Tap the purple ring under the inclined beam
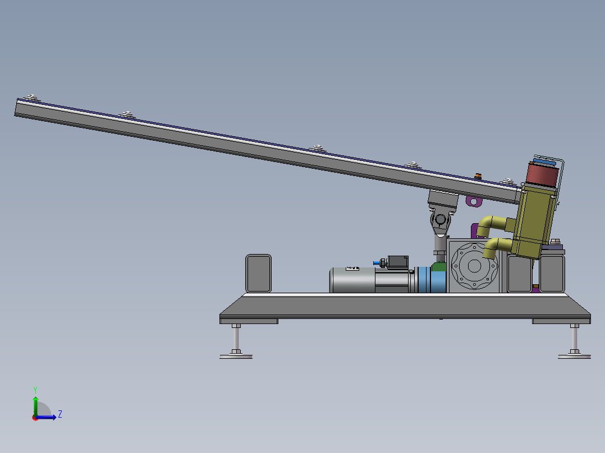click(474, 201)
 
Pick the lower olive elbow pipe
click(497, 247)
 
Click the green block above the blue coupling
click(439, 267)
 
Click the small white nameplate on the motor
click(352, 269)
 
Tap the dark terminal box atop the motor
click(398, 262)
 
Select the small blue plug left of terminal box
click(376, 263)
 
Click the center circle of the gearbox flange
click(474, 266)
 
